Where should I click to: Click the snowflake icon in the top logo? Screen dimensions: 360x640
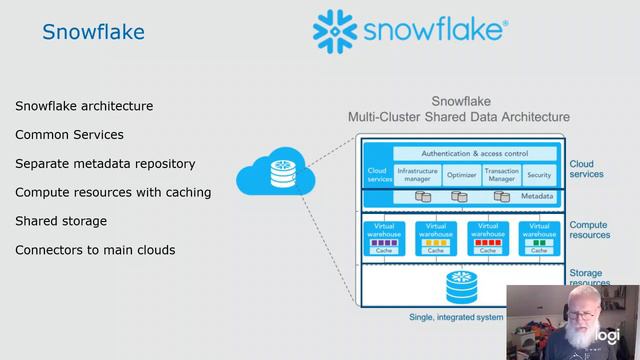point(338,34)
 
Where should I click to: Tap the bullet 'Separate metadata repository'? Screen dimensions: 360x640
point(105,163)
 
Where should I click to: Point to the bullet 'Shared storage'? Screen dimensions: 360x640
point(61,220)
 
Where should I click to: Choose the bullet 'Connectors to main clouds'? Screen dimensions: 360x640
point(95,249)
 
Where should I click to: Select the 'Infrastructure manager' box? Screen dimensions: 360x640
point(417,174)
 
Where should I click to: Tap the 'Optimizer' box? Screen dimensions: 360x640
point(461,174)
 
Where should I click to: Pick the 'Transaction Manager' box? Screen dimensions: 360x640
point(501,174)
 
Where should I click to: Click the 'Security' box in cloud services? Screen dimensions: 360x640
point(539,174)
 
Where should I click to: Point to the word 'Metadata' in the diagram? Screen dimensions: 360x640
point(536,196)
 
